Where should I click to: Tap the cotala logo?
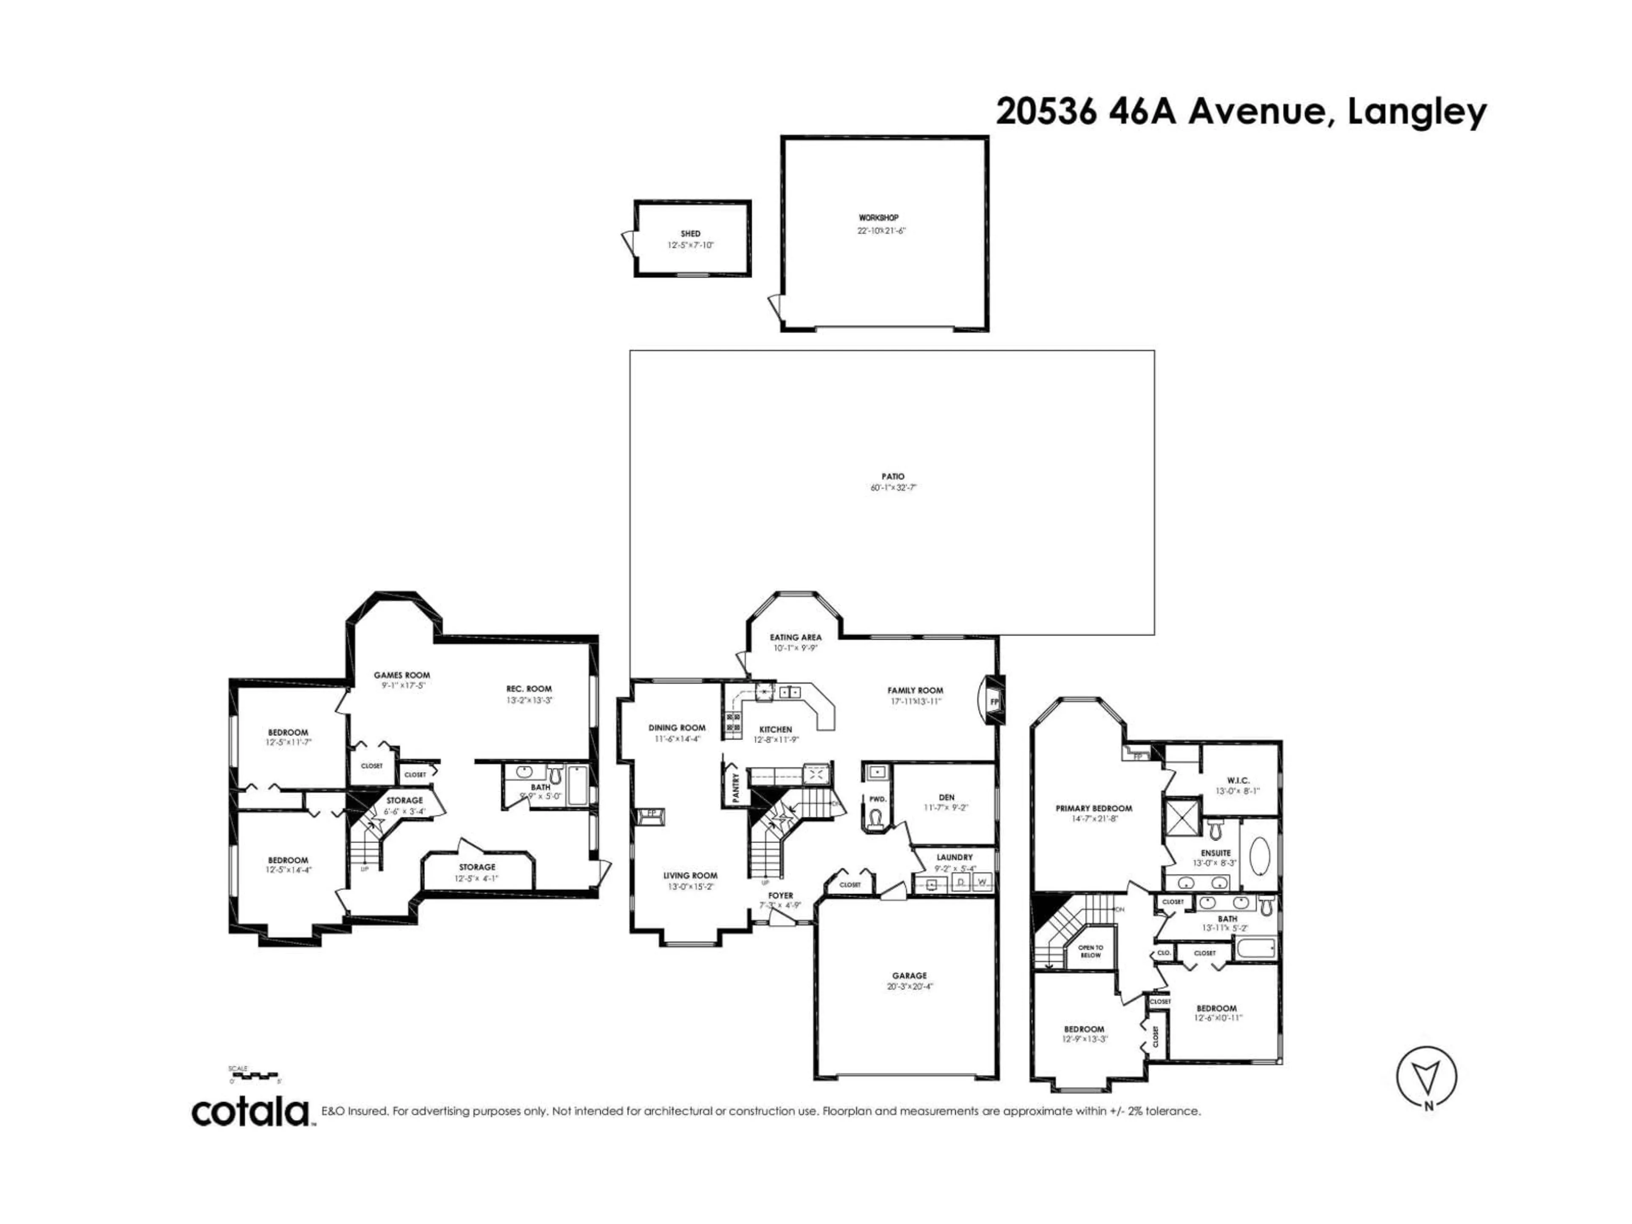[x=251, y=1113]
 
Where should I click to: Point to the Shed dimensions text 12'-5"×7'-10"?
[x=691, y=245]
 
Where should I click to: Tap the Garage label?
[x=909, y=975]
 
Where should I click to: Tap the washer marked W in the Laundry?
[x=981, y=882]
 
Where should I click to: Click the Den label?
[x=946, y=797]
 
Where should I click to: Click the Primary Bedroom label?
[x=1094, y=808]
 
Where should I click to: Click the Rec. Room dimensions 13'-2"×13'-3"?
[x=529, y=700]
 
